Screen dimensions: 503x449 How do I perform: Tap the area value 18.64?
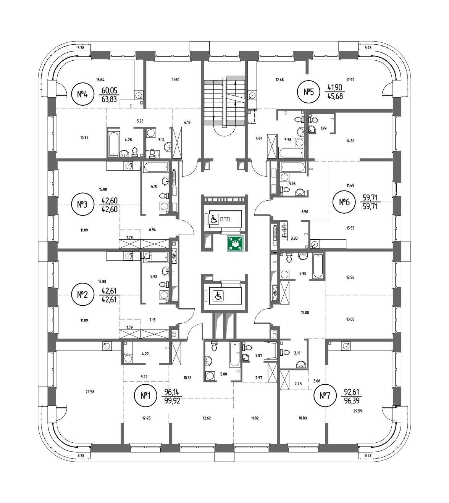(100, 80)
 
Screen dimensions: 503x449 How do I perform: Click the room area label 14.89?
(339, 141)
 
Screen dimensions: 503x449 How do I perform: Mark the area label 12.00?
(304, 313)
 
